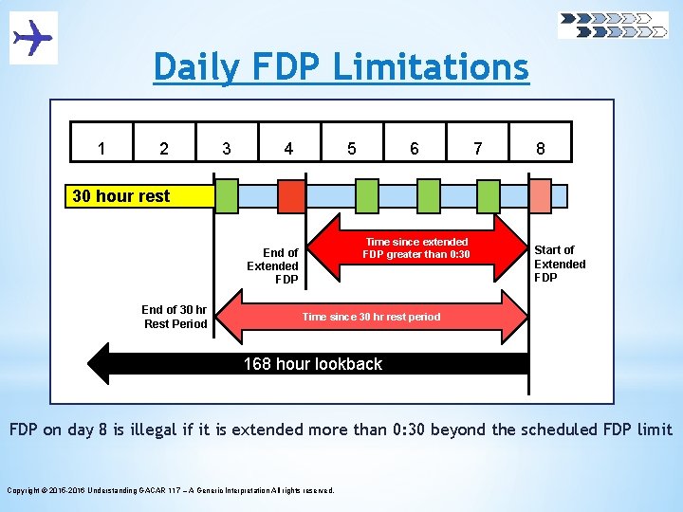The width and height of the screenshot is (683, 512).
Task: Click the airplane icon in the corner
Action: (x=33, y=38)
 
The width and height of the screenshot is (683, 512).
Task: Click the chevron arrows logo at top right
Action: (x=613, y=25)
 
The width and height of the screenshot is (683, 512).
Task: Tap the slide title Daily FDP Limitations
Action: (x=341, y=67)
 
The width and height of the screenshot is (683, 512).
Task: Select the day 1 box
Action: (x=102, y=148)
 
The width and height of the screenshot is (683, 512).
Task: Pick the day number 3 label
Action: (x=226, y=148)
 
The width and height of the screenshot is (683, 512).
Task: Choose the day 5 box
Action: (x=352, y=148)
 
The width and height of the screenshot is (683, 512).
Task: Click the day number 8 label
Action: (x=540, y=148)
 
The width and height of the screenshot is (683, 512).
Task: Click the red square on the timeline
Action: (x=291, y=196)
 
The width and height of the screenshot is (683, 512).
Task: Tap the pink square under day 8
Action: (x=540, y=196)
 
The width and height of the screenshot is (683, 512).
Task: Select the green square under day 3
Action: (x=228, y=196)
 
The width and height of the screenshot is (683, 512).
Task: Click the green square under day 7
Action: (x=488, y=196)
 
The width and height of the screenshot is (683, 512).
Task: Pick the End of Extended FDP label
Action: (x=273, y=265)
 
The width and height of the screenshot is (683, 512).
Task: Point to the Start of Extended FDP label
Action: (x=560, y=264)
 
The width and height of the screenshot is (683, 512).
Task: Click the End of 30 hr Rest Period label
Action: (x=175, y=317)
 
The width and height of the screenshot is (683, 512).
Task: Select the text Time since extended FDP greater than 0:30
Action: (x=416, y=248)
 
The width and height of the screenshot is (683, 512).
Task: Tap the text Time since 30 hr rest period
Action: (x=371, y=317)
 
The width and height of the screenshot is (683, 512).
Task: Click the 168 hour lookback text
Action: (x=313, y=364)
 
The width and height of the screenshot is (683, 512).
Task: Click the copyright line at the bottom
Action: (x=171, y=490)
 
